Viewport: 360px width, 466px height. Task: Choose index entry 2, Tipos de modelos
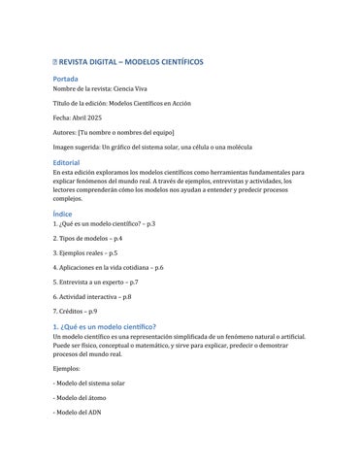87,238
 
